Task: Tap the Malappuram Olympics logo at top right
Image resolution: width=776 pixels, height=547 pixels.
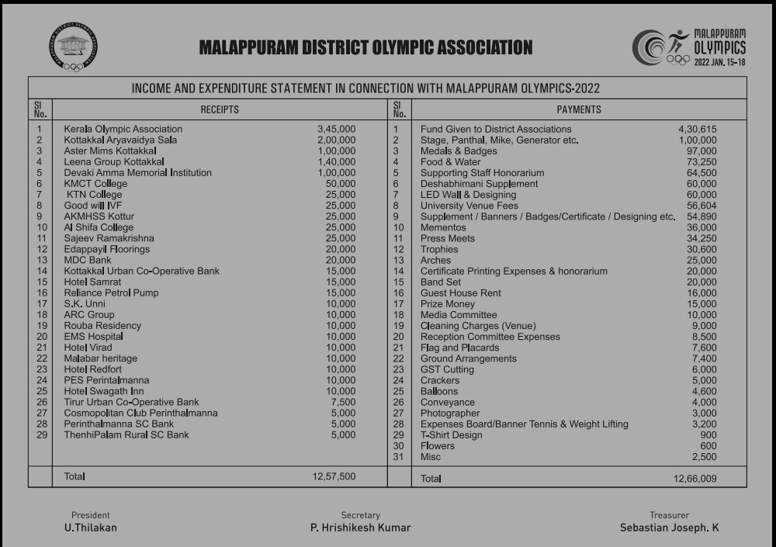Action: (689, 47)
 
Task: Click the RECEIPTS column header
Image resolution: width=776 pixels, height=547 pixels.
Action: (220, 110)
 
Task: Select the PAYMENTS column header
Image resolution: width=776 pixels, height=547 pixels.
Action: (579, 110)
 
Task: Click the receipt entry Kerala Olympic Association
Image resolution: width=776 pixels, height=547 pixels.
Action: (123, 130)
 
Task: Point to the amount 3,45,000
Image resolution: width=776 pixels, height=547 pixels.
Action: (337, 130)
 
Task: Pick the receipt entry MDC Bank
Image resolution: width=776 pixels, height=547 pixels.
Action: (88, 261)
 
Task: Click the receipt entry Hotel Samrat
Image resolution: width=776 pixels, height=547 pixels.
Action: (92, 282)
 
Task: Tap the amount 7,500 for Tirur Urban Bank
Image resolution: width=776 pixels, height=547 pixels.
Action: (343, 403)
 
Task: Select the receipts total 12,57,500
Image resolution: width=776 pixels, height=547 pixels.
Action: (334, 476)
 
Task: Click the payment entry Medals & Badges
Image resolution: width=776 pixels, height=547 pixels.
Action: (459, 151)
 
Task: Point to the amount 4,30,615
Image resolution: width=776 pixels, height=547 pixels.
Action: (698, 130)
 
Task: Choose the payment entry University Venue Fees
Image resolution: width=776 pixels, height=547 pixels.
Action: (469, 206)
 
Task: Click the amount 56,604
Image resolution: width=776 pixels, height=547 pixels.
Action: (701, 206)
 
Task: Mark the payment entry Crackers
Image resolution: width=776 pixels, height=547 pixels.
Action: (440, 381)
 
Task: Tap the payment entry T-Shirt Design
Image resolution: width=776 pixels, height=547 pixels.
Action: (452, 435)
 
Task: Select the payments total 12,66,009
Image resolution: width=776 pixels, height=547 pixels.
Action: (695, 479)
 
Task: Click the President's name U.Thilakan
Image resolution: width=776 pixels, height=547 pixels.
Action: (91, 528)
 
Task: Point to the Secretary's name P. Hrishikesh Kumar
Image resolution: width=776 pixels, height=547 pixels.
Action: (361, 528)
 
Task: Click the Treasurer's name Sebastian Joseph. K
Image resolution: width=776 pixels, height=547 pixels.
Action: (670, 528)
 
